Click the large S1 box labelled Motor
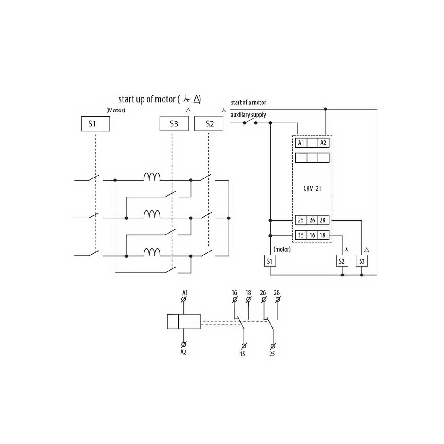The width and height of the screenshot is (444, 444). click(x=95, y=124)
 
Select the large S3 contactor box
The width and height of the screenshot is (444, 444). click(x=174, y=123)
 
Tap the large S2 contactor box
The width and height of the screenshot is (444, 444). click(x=209, y=123)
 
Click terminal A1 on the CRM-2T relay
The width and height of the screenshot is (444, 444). click(x=301, y=143)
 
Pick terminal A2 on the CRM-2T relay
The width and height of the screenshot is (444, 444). click(x=324, y=143)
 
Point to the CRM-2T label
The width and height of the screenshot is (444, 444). click(x=312, y=189)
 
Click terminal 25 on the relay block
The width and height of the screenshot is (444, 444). click(x=301, y=220)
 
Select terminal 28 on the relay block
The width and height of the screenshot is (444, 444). click(x=323, y=220)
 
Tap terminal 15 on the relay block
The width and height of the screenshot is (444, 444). click(x=301, y=235)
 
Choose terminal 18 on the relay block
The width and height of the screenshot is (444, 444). click(x=323, y=235)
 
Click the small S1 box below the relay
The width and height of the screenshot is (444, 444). click(x=270, y=261)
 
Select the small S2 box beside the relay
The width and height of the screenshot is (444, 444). click(x=342, y=261)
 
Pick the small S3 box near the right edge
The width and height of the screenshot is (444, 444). click(x=362, y=261)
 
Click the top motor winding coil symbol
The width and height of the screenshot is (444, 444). click(x=152, y=177)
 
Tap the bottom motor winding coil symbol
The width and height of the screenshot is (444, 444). click(x=152, y=252)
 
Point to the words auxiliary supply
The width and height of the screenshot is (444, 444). click(x=248, y=115)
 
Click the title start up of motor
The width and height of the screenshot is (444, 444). click(x=147, y=99)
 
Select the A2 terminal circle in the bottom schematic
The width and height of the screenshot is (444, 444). click(x=184, y=345)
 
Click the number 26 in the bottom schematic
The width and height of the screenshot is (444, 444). click(x=263, y=293)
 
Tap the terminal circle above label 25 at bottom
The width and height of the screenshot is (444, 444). click(x=273, y=346)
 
